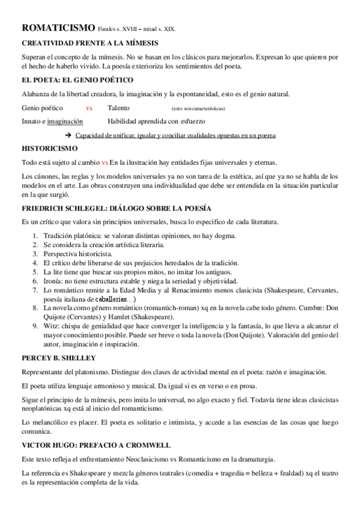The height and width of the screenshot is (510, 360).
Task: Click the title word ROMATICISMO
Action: [x=58, y=28]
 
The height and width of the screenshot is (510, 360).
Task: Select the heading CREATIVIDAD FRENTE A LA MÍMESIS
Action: [x=90, y=44]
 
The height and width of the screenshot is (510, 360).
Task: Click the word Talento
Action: [x=120, y=108]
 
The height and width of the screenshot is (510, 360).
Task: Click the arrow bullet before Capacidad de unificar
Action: [x=68, y=135]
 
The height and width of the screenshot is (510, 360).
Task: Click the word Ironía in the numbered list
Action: [x=54, y=281]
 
